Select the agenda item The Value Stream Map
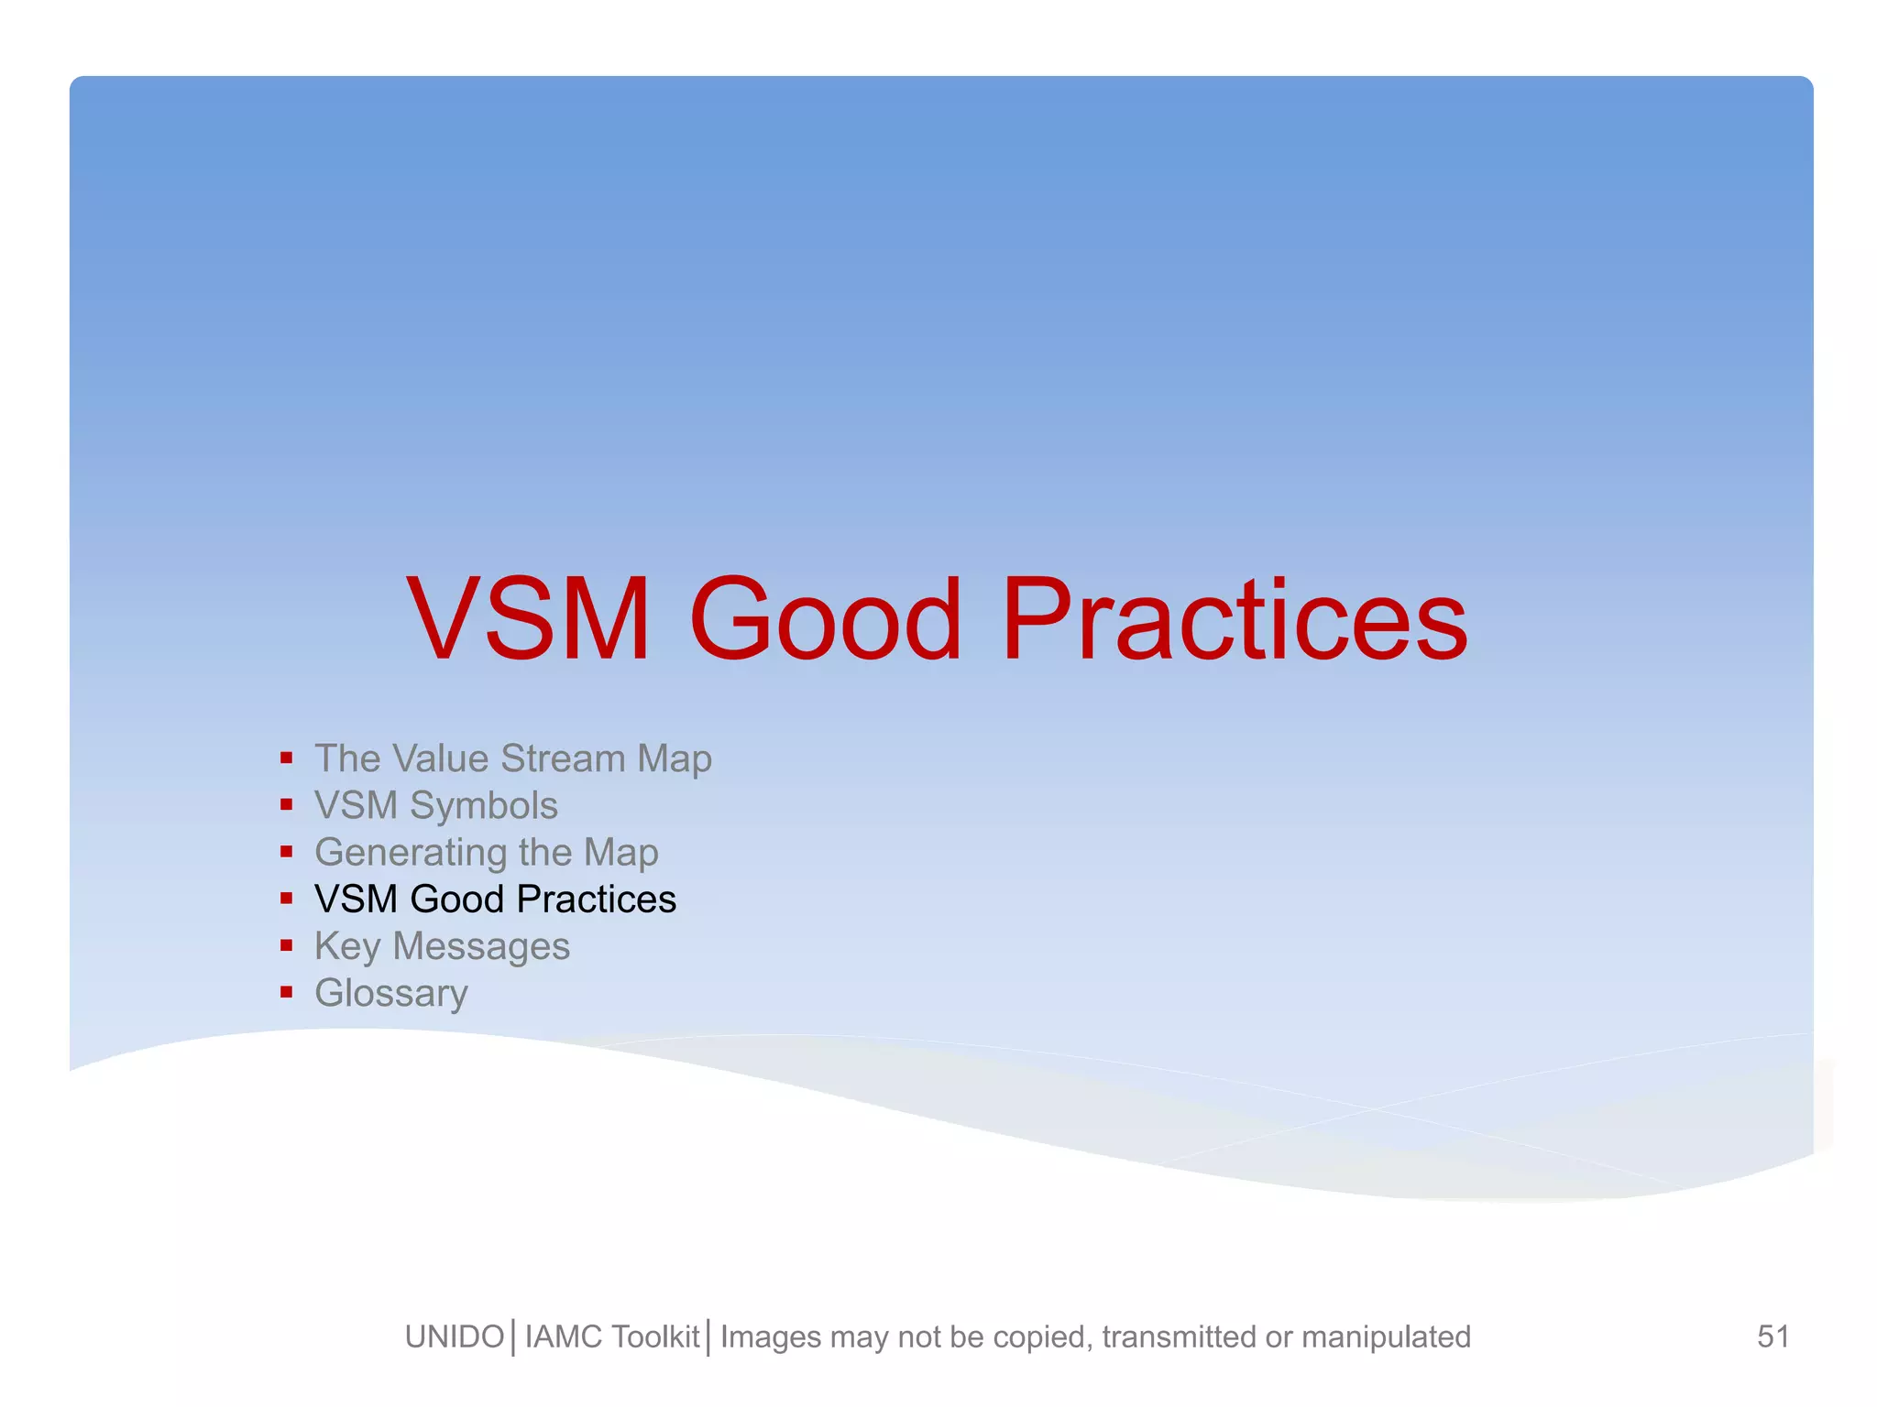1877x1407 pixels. pyautogui.click(x=512, y=758)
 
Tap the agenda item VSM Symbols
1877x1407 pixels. pyautogui.click(x=435, y=805)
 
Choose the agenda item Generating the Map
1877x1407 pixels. pyautogui.click(x=486, y=853)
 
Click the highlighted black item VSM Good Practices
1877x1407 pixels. pyautogui.click(x=495, y=899)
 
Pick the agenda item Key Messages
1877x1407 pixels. pyautogui.click(x=442, y=946)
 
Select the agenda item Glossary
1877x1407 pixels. pyautogui.click(x=391, y=993)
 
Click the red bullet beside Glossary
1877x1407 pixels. pyautogui.click(x=287, y=992)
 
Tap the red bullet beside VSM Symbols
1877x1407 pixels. pyautogui.click(x=287, y=805)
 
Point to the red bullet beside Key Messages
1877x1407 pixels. pyautogui.click(x=287, y=945)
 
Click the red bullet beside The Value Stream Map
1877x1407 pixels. pyautogui.click(x=287, y=758)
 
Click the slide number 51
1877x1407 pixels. pyautogui.click(x=1773, y=1336)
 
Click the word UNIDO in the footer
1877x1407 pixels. pyautogui.click(x=455, y=1337)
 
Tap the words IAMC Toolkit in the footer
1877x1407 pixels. pyautogui.click(x=612, y=1337)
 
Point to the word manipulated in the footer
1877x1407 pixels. pyautogui.click(x=1386, y=1337)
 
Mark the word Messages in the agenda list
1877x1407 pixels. pyautogui.click(x=481, y=946)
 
